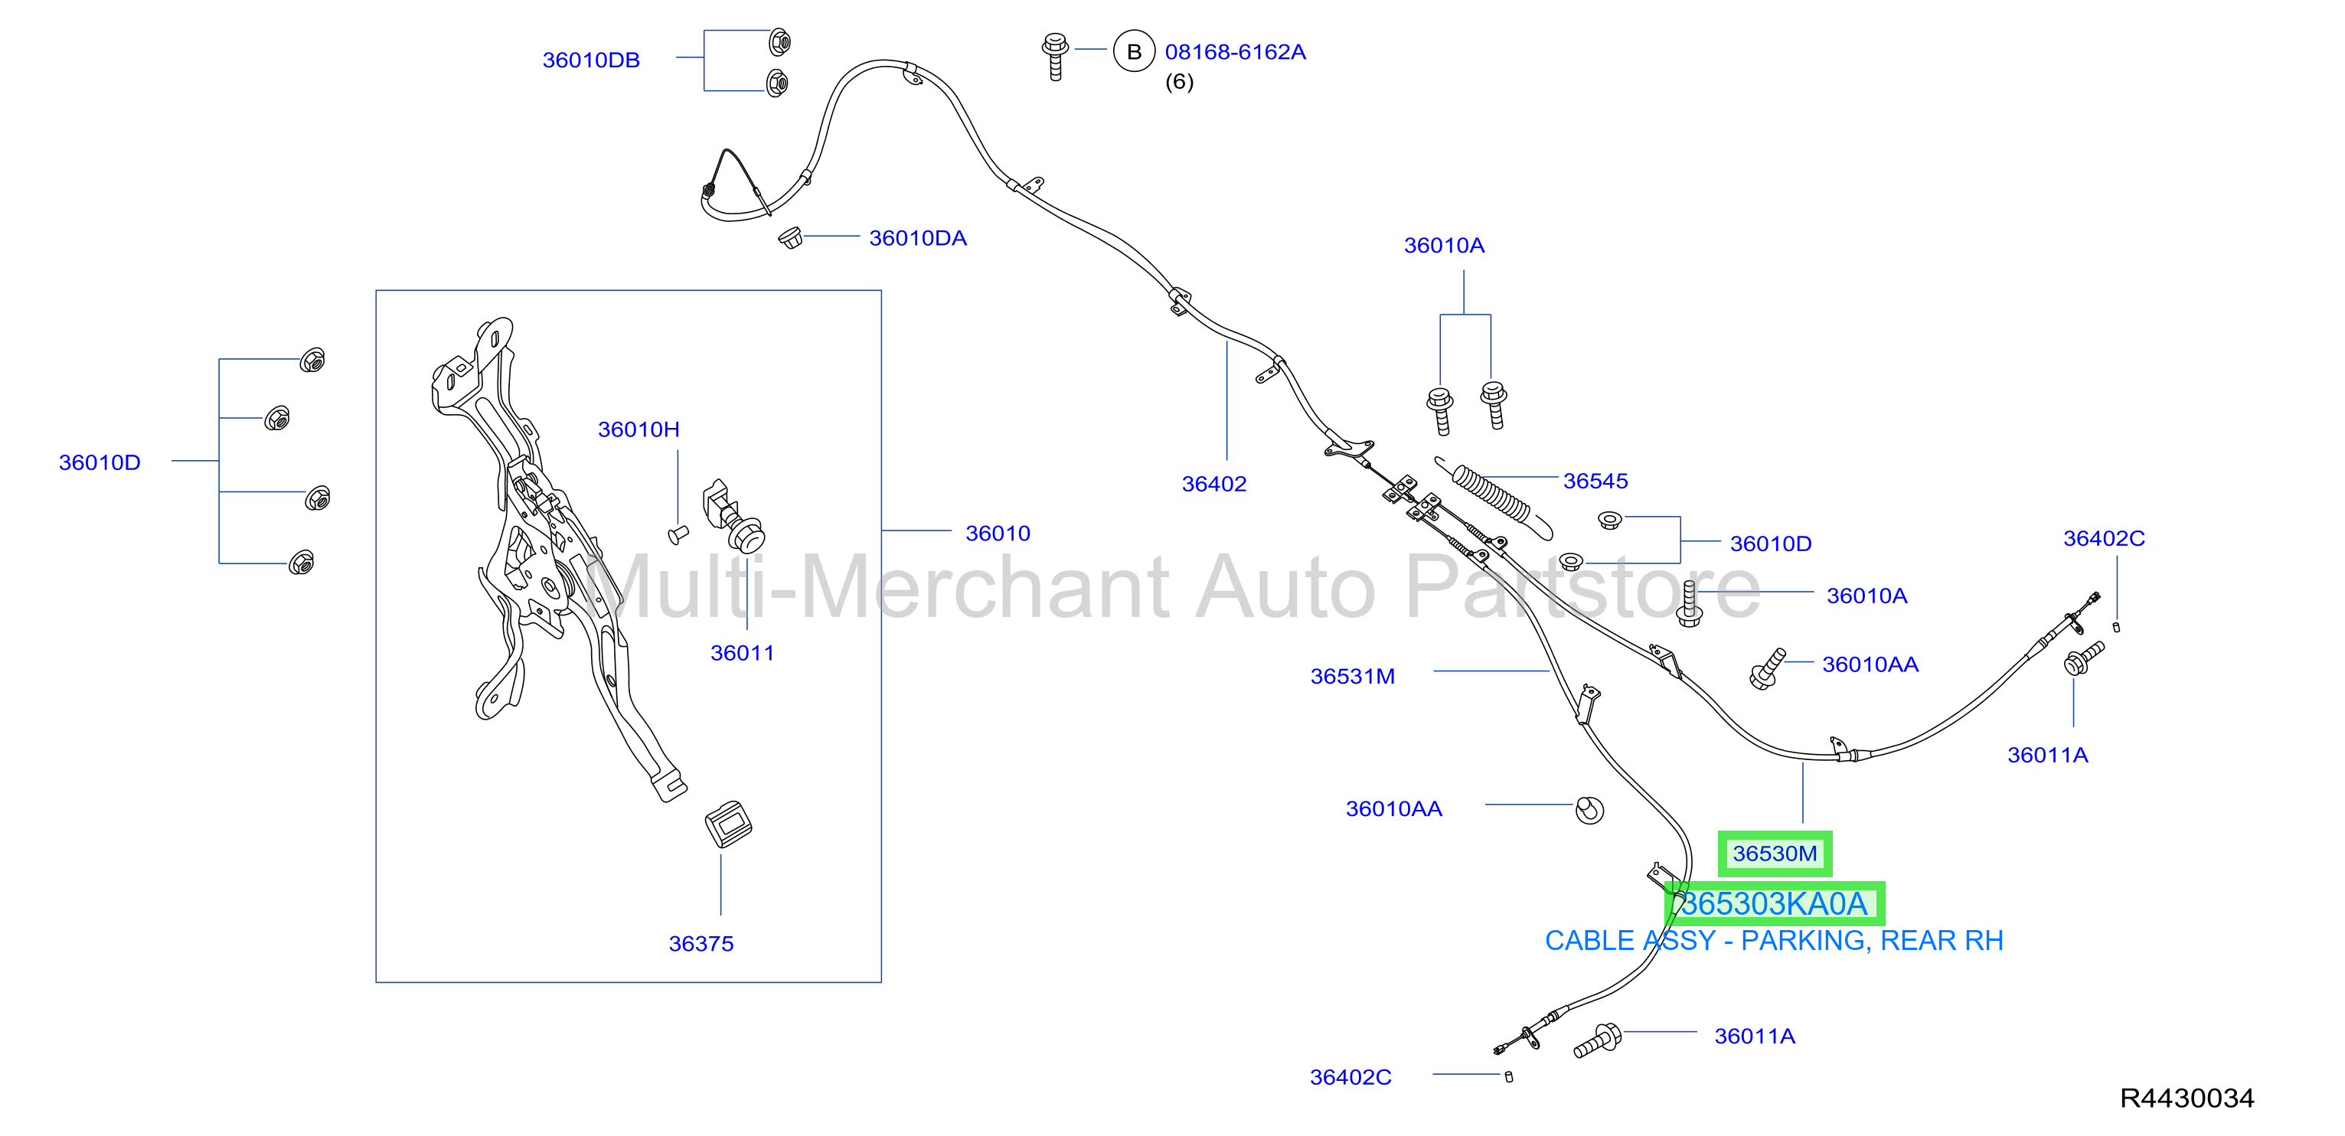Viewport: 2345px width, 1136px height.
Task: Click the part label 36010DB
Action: click(591, 60)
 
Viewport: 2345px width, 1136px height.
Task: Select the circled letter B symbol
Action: click(1133, 52)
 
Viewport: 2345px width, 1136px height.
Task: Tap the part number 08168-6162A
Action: click(1236, 52)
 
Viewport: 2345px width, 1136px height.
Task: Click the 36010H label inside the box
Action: click(639, 429)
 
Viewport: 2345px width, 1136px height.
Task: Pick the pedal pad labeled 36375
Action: click(728, 824)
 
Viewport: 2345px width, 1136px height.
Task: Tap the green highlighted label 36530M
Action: click(1774, 853)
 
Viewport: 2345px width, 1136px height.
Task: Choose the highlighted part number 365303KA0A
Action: click(1774, 903)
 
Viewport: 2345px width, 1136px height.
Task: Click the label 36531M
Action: click(1352, 677)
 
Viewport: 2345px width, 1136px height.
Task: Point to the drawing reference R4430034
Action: click(2187, 1098)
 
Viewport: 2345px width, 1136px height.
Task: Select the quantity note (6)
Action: click(1179, 82)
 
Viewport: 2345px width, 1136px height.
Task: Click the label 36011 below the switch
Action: click(742, 653)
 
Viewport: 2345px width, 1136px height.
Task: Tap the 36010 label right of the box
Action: click(998, 534)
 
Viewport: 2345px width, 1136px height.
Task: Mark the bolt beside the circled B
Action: click(1055, 57)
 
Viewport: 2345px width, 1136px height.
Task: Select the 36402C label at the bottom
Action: click(1350, 1077)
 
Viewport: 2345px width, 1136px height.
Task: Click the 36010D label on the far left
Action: click(100, 462)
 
